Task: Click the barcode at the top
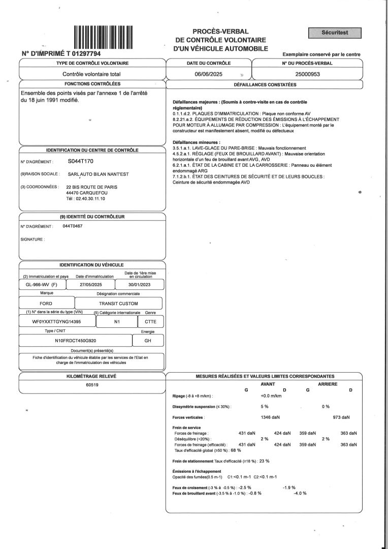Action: tap(103, 37)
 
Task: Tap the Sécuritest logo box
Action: tap(335, 33)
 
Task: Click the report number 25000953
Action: tap(307, 74)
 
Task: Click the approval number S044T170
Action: tap(80, 161)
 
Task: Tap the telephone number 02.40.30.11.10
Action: tap(89, 199)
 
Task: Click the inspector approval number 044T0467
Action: tap(72, 226)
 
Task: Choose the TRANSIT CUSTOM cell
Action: tap(119, 303)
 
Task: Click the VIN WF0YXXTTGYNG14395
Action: tap(56, 322)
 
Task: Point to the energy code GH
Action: tap(148, 341)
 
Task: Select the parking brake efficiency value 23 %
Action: tap(264, 461)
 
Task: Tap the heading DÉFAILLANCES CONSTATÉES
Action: tap(265, 84)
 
